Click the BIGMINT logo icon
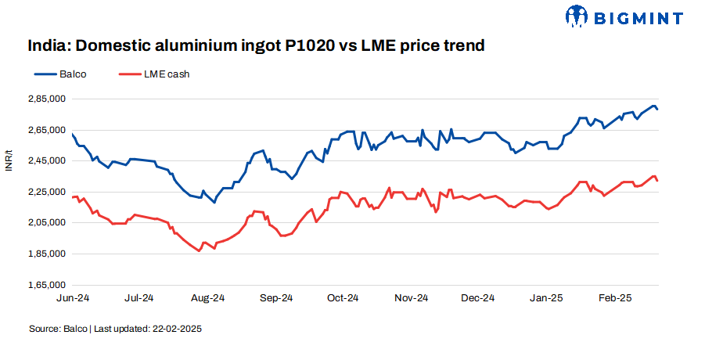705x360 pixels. (x=577, y=16)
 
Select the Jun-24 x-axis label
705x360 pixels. (x=72, y=298)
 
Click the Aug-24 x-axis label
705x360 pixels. (x=208, y=298)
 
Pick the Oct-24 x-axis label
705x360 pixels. (x=343, y=298)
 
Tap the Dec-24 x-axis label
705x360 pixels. (x=478, y=298)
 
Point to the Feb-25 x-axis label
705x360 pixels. (x=615, y=298)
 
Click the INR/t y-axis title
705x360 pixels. (x=9, y=160)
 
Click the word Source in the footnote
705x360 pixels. (x=44, y=329)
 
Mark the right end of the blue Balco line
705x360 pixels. (x=657, y=109)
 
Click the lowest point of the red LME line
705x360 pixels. (x=199, y=250)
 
